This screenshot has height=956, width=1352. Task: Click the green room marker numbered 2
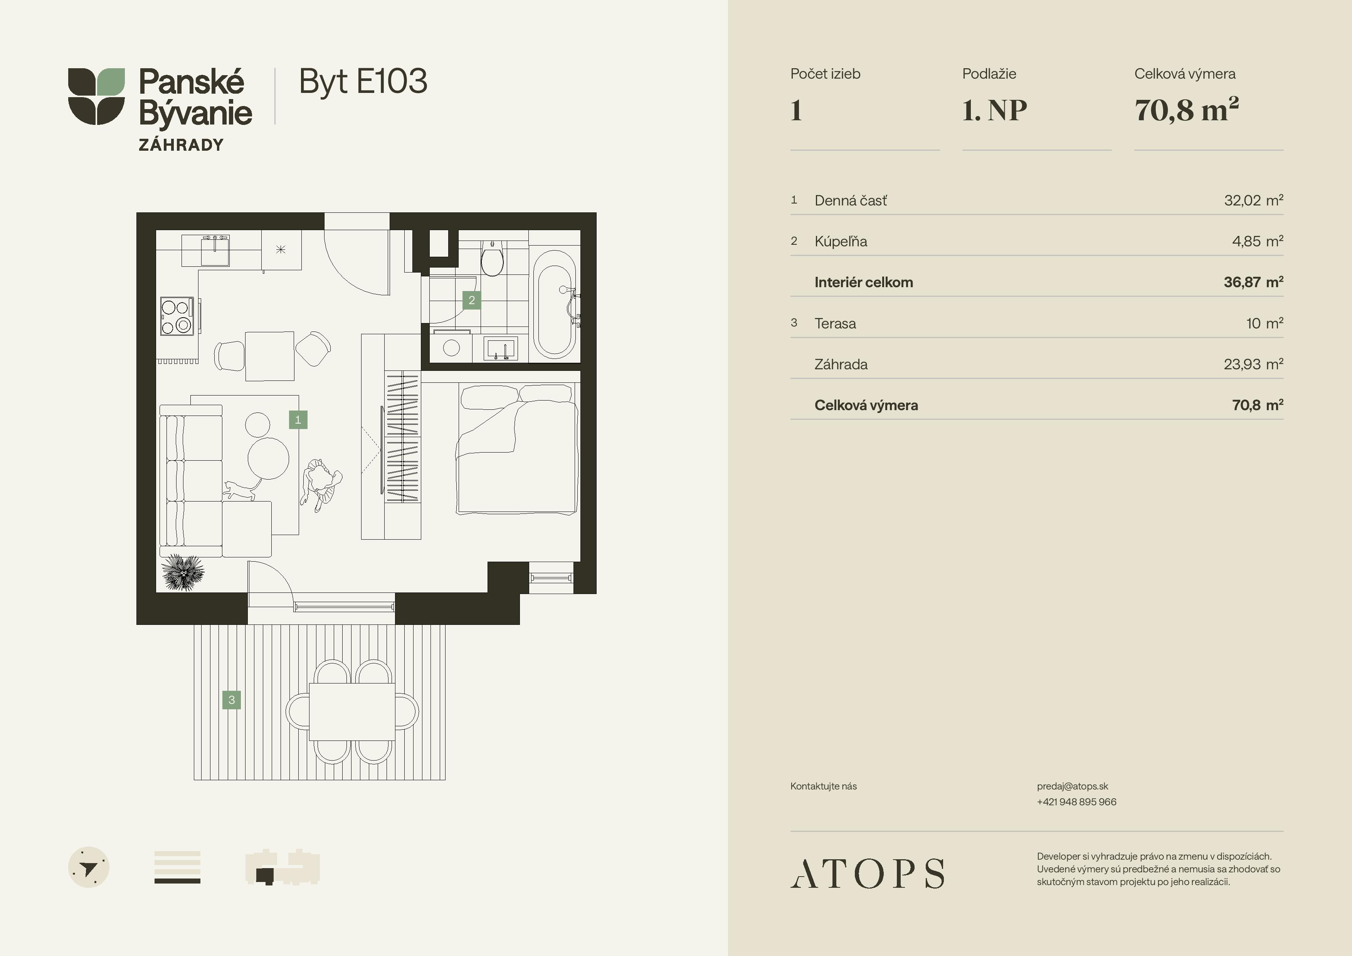tap(472, 300)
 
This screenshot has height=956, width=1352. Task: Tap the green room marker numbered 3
tap(231, 700)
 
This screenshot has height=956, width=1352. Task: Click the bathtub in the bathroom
tap(554, 305)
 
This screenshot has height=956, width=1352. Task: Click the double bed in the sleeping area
tap(517, 449)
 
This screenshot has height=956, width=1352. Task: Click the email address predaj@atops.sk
tap(1072, 786)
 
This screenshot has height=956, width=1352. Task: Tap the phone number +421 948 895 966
tap(1076, 802)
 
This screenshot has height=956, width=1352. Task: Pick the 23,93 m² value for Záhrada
tap(1253, 364)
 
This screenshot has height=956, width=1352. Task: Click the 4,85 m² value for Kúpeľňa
tap(1257, 241)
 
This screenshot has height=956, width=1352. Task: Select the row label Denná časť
tap(850, 201)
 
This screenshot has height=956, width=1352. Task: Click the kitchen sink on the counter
tap(215, 251)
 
